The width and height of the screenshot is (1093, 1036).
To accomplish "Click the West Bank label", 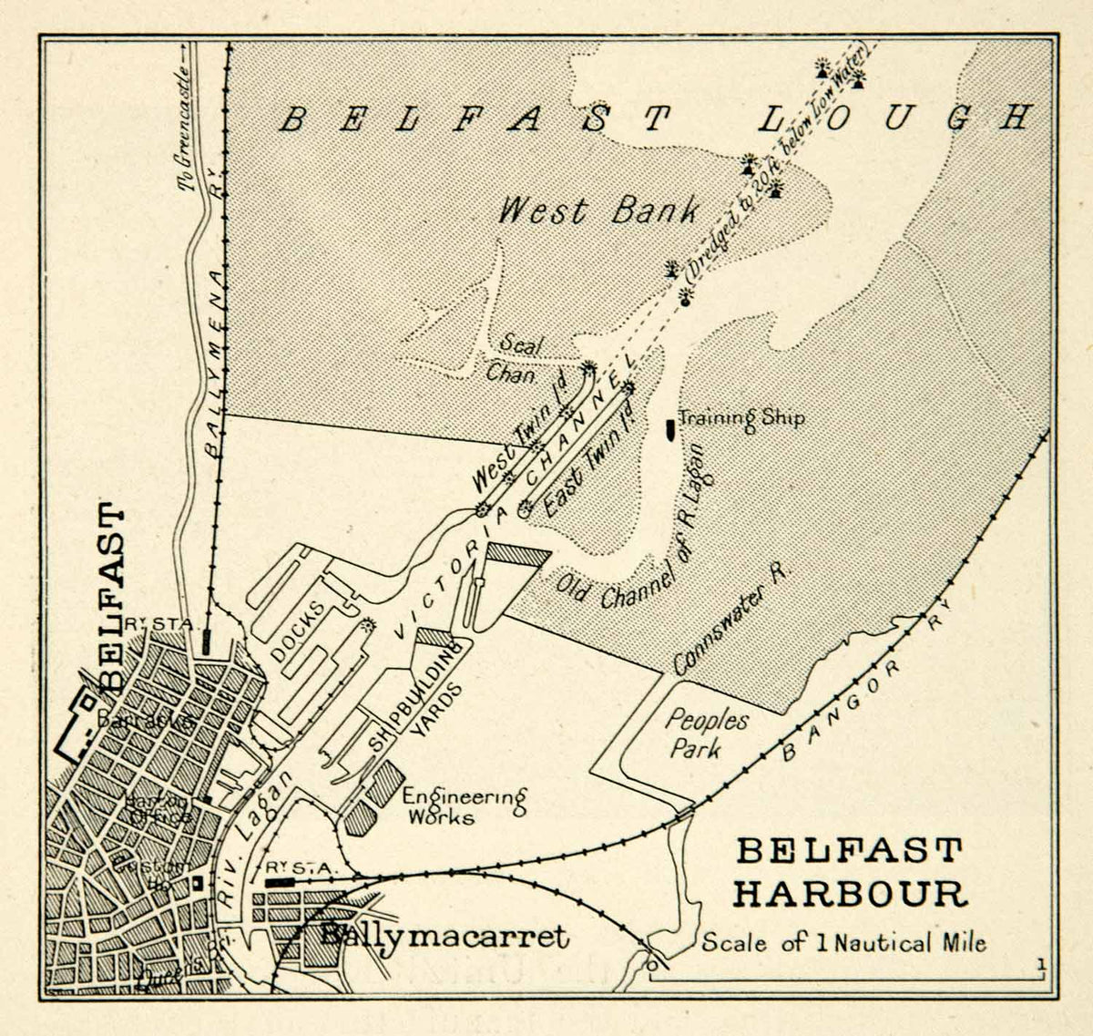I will click(599, 211).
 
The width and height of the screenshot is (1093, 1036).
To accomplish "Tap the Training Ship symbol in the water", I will click(671, 426).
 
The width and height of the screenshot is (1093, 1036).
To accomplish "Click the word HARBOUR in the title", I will click(850, 894).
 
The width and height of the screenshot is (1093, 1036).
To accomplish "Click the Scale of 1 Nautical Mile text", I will click(843, 943).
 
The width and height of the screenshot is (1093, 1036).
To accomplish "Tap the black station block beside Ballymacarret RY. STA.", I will click(280, 883).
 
